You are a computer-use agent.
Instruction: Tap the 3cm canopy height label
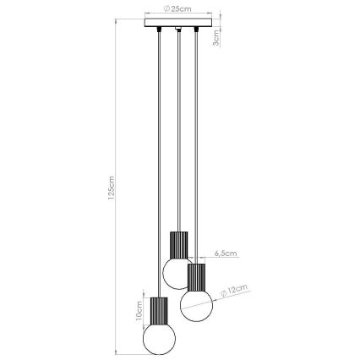pyautogui.click(x=218, y=37)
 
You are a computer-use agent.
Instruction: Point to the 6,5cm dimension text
pyautogui.click(x=226, y=253)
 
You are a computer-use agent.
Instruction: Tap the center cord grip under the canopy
pyautogui.click(x=178, y=32)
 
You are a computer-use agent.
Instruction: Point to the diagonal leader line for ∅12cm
pyautogui.click(x=222, y=295)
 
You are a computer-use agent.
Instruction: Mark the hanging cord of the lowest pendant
pyautogui.click(x=158, y=169)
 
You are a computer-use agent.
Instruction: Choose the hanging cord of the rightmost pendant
pyautogui.click(x=196, y=152)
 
